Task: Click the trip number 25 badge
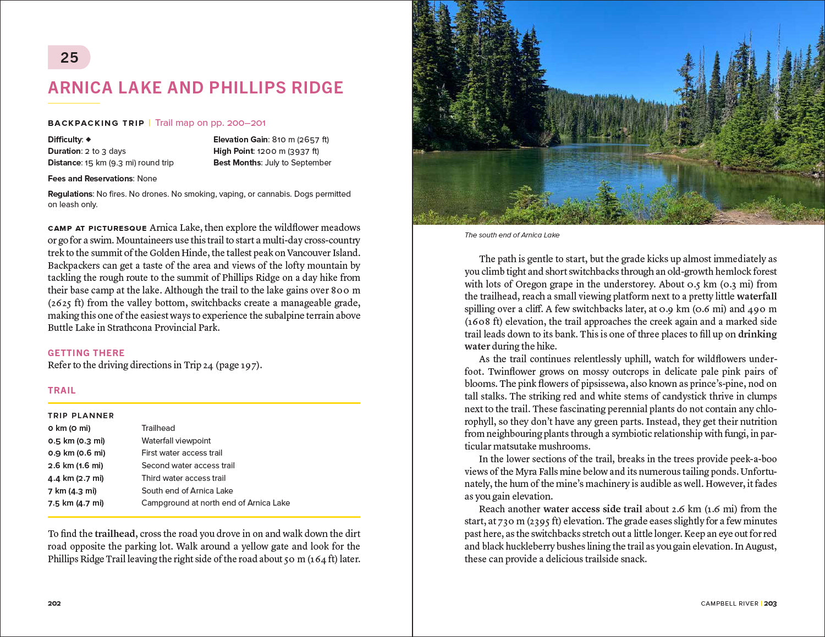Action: [x=69, y=58]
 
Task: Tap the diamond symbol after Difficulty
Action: [x=89, y=140]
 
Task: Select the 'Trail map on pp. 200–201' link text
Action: [x=210, y=123]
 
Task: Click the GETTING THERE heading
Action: [x=86, y=353]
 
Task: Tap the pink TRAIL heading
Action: [x=62, y=390]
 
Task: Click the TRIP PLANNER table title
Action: [x=81, y=416]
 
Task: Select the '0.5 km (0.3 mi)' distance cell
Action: [x=76, y=441]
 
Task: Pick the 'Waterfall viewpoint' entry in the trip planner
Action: [x=176, y=441]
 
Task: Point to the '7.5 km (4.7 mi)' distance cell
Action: [x=76, y=503]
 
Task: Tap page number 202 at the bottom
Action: [x=54, y=603]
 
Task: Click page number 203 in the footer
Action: [x=770, y=603]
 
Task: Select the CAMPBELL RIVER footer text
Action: [x=729, y=603]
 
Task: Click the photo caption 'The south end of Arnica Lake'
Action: [x=512, y=235]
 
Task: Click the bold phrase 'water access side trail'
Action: [x=592, y=509]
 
